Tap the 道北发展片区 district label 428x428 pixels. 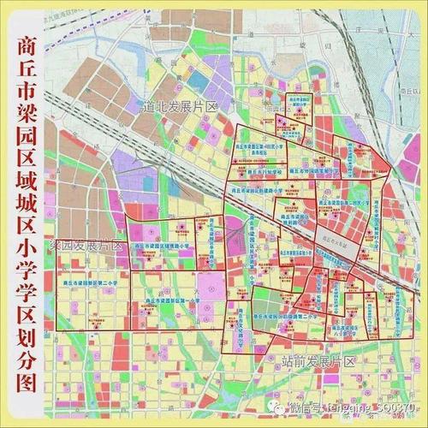179,105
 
